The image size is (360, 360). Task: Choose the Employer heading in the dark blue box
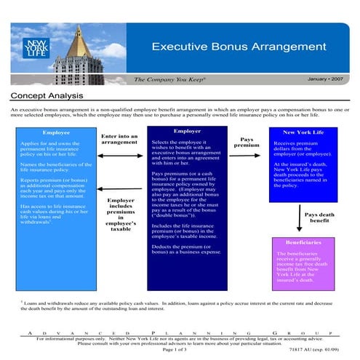click(187, 131)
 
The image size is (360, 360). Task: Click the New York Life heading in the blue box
click(303, 132)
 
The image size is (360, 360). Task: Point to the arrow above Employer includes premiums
click(121, 191)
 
